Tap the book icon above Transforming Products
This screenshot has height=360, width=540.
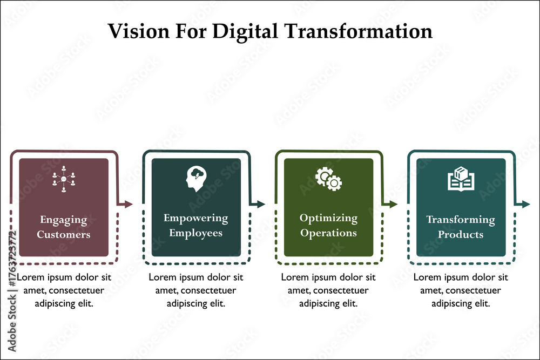461,179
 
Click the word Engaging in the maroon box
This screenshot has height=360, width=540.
63,220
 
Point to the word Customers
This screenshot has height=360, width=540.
63,234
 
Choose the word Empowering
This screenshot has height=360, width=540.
195,218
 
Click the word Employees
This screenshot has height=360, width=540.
195,233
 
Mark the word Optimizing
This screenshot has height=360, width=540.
328,218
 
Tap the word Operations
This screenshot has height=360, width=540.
328,233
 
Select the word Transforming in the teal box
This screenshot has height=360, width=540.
461,220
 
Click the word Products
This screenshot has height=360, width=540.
461,234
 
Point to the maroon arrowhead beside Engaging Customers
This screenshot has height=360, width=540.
128,204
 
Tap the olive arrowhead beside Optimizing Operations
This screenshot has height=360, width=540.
393,204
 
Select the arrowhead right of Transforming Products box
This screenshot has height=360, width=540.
525,204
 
